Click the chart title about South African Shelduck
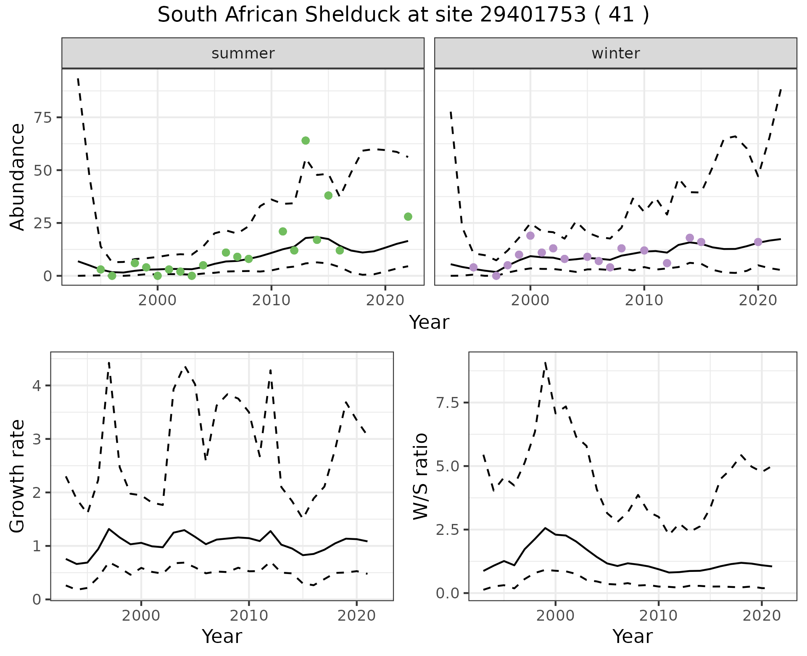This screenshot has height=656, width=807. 403,15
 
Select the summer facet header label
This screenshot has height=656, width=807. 243,53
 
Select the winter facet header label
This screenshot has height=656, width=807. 615,53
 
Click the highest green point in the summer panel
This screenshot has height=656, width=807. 306,140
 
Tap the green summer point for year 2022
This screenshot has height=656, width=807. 408,217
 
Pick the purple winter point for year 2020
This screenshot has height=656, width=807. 758,242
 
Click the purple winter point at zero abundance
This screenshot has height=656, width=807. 496,276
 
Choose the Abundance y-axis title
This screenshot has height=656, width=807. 18,177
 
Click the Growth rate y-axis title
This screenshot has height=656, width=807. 18,476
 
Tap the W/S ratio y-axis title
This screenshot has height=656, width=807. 421,476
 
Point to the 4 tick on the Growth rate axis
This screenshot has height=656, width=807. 37,386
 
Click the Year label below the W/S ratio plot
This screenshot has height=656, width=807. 632,636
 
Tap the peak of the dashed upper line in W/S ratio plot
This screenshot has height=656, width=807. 545,362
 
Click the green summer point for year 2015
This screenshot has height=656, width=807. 328,196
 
